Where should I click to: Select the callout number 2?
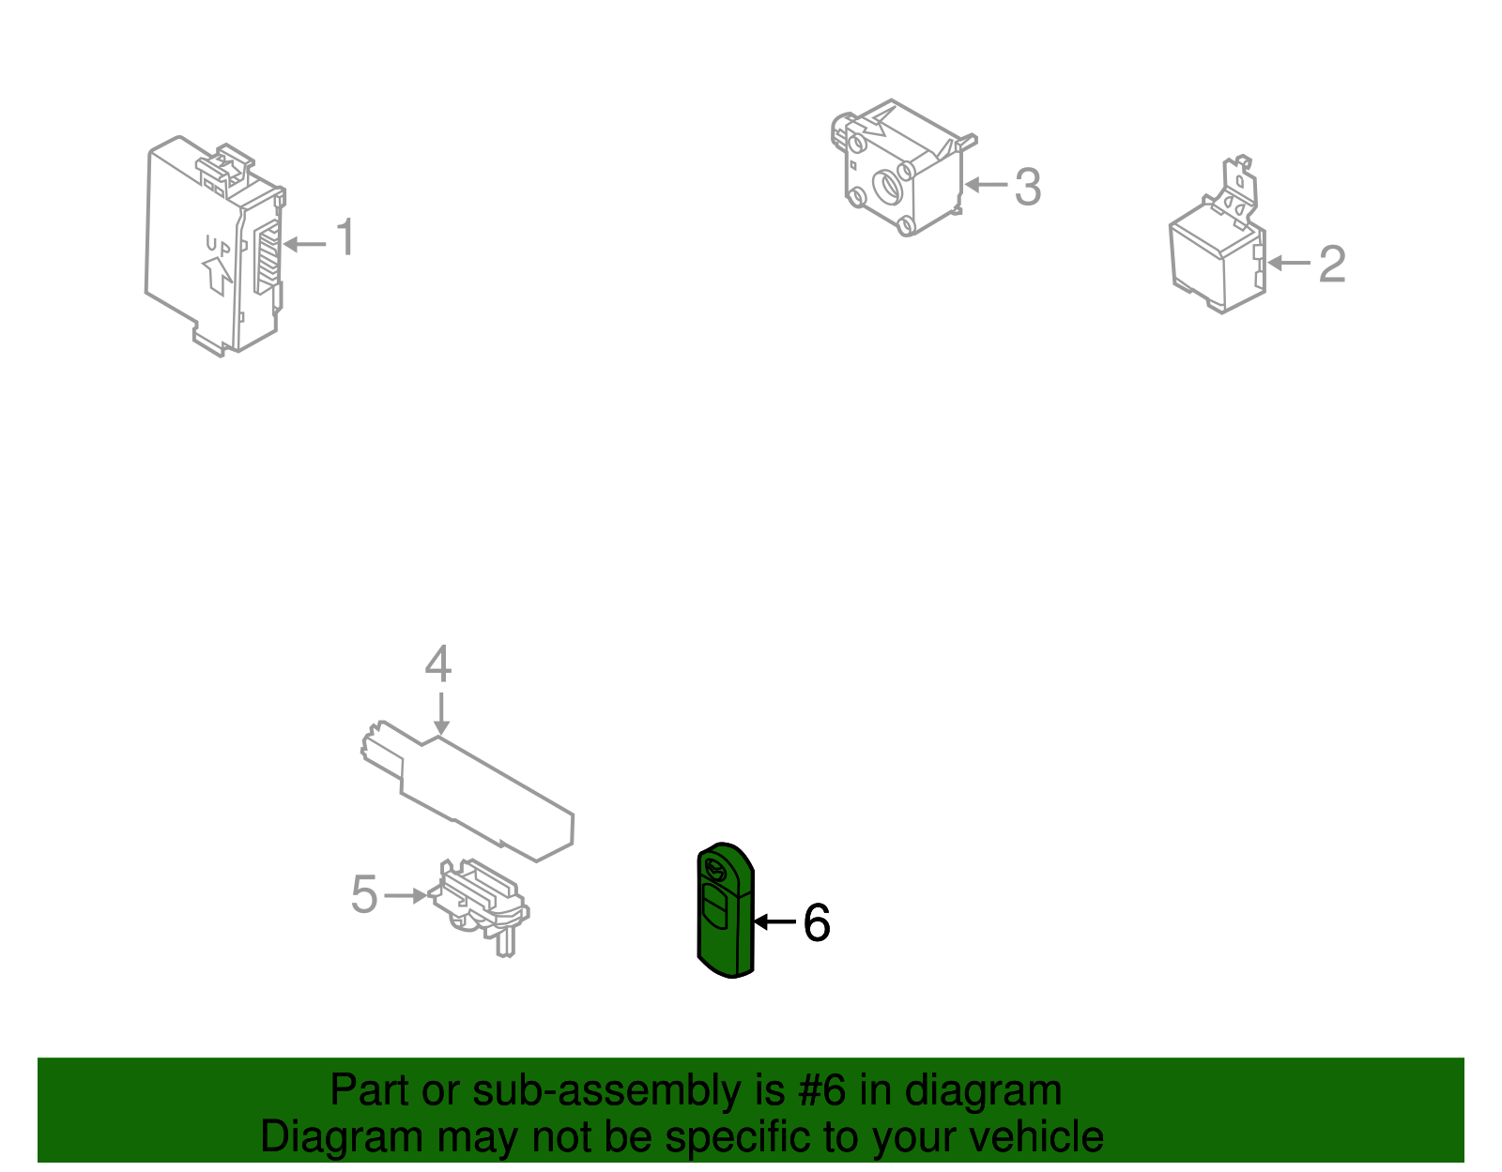coord(1332,263)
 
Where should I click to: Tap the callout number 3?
coord(1027,187)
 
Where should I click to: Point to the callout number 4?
coord(438,663)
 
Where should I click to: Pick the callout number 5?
coord(364,893)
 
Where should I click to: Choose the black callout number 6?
coord(817,922)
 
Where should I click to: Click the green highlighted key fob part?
coord(725,909)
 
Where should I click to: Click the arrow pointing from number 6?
coord(774,921)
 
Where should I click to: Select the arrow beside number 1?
coord(304,244)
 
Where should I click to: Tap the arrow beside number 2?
coord(1289,263)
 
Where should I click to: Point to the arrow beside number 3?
coord(986,185)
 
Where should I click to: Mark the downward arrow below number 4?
coord(441,713)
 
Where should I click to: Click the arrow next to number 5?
coord(406,896)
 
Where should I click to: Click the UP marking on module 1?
coord(219,245)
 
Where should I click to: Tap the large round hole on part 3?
coord(887,187)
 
